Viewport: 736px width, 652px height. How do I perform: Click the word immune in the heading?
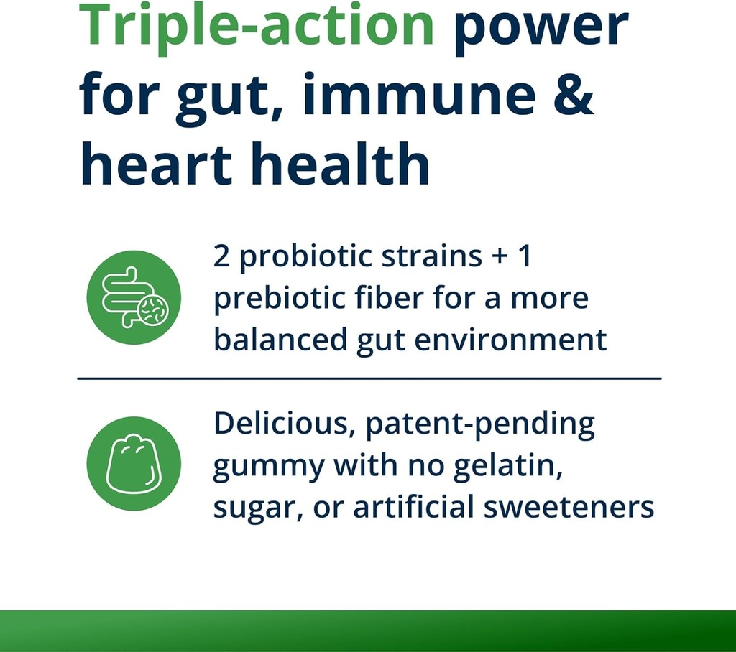(x=419, y=94)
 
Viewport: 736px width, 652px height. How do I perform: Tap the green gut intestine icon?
(x=134, y=297)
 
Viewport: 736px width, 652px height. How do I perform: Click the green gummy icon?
(x=134, y=463)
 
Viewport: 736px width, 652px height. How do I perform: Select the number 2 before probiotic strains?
(x=221, y=256)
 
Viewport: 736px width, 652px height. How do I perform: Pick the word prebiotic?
(x=280, y=299)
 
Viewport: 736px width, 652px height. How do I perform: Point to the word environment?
(x=511, y=340)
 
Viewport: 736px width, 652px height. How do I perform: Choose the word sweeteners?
(x=569, y=508)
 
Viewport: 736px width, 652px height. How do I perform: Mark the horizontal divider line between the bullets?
(x=369, y=378)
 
